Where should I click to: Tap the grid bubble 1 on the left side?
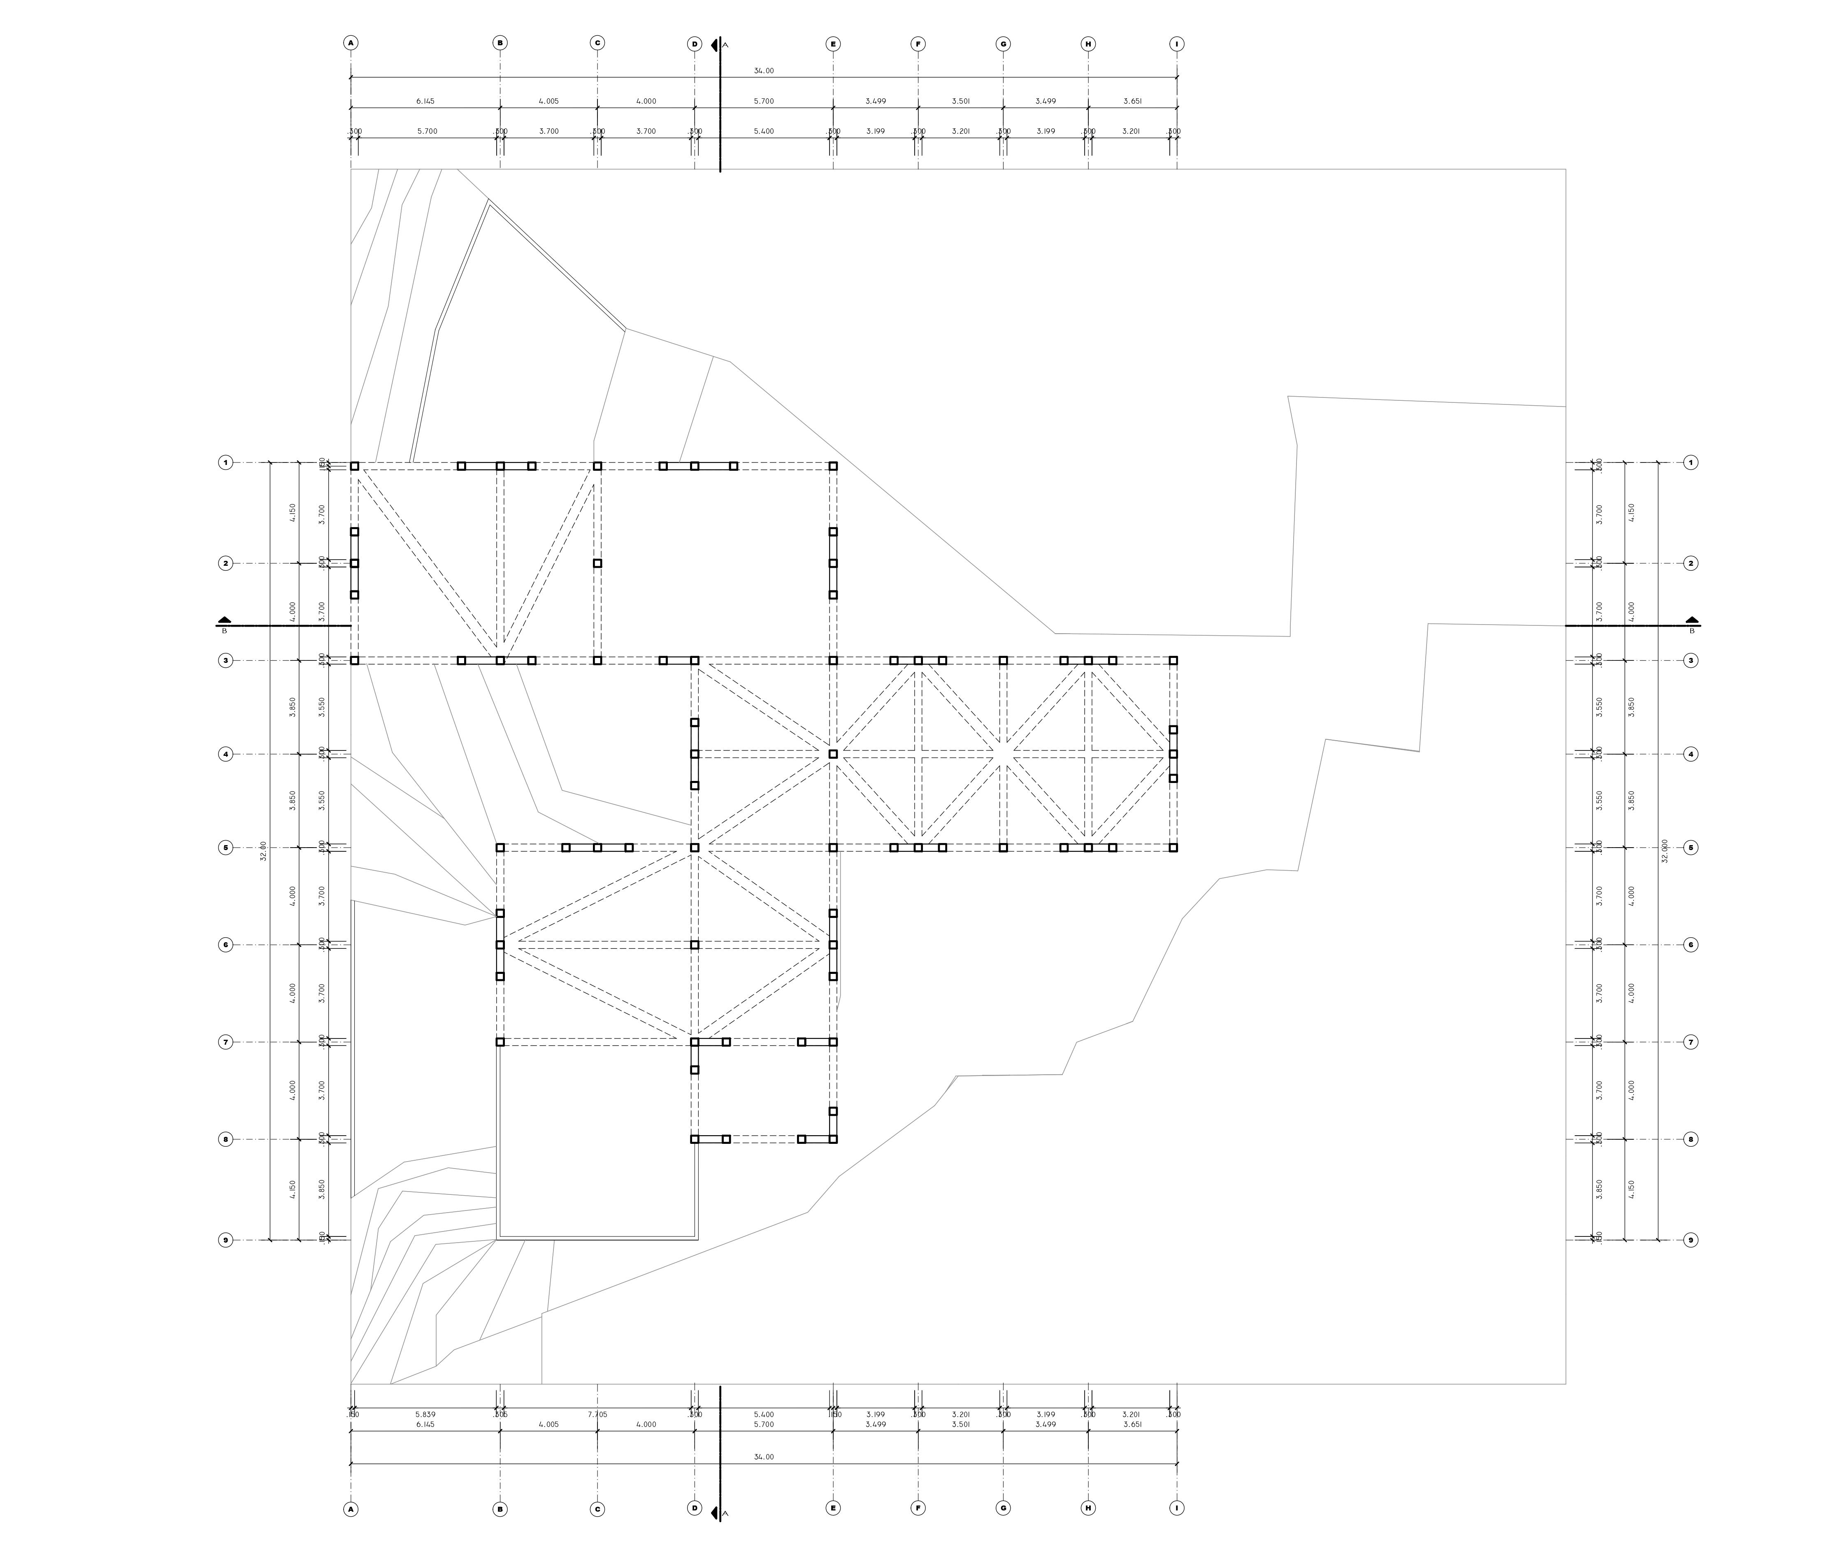[x=225, y=462]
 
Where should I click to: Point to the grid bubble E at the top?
[x=832, y=43]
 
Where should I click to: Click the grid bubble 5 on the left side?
[x=225, y=847]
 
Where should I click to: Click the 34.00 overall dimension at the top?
[x=763, y=70]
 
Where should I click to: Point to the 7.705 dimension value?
[x=597, y=1415]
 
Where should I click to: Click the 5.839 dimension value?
[x=425, y=1415]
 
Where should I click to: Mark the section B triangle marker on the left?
[x=224, y=619]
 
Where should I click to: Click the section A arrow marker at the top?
[x=714, y=44]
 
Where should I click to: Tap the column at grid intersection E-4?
[x=832, y=754]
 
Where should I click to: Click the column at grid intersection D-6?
[x=694, y=945]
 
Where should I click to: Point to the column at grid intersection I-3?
[x=1173, y=660]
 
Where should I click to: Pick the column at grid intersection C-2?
[x=597, y=563]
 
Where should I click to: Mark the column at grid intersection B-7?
[x=500, y=1042]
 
